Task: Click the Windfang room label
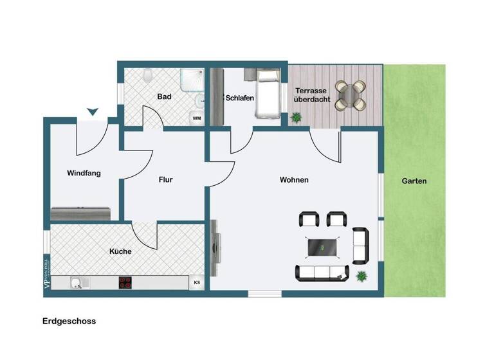[x=84, y=173]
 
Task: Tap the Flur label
[x=165, y=180]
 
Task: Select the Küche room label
[x=120, y=251]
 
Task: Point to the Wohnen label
[x=294, y=180]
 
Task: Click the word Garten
[x=414, y=181]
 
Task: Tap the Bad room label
[x=164, y=97]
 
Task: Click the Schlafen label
[x=239, y=98]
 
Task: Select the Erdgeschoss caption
[x=69, y=321]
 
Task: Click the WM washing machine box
[x=196, y=118]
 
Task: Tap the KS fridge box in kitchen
[x=196, y=282]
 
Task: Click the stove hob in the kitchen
[x=125, y=282]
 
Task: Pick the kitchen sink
[x=78, y=282]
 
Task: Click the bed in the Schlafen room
[x=267, y=94]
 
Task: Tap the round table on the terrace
[x=351, y=95]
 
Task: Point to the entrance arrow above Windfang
[x=92, y=113]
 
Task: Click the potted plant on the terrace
[x=297, y=118]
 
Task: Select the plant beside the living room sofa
[x=361, y=276]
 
